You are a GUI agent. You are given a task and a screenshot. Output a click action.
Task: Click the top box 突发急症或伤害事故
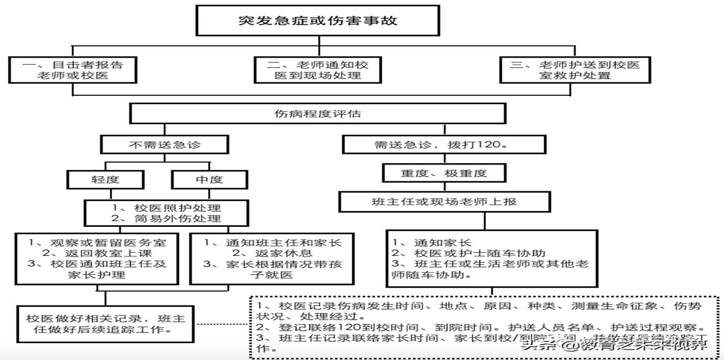(x=317, y=21)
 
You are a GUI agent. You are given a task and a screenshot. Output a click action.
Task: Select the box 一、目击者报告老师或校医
(x=73, y=70)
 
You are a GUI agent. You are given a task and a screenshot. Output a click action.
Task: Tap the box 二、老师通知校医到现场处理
(x=318, y=70)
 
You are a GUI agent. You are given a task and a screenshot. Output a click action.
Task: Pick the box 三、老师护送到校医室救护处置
(x=575, y=70)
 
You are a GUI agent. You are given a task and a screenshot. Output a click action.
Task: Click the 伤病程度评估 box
(x=318, y=113)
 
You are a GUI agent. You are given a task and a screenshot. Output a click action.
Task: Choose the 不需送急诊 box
(x=164, y=145)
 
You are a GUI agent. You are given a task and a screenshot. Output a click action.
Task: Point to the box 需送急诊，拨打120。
(x=444, y=145)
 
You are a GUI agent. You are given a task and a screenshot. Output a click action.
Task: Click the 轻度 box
(x=105, y=179)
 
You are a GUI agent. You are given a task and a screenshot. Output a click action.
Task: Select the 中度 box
(x=209, y=179)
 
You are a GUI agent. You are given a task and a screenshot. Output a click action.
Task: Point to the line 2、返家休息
(x=273, y=253)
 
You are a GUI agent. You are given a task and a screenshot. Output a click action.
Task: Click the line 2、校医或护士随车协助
(x=470, y=253)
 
